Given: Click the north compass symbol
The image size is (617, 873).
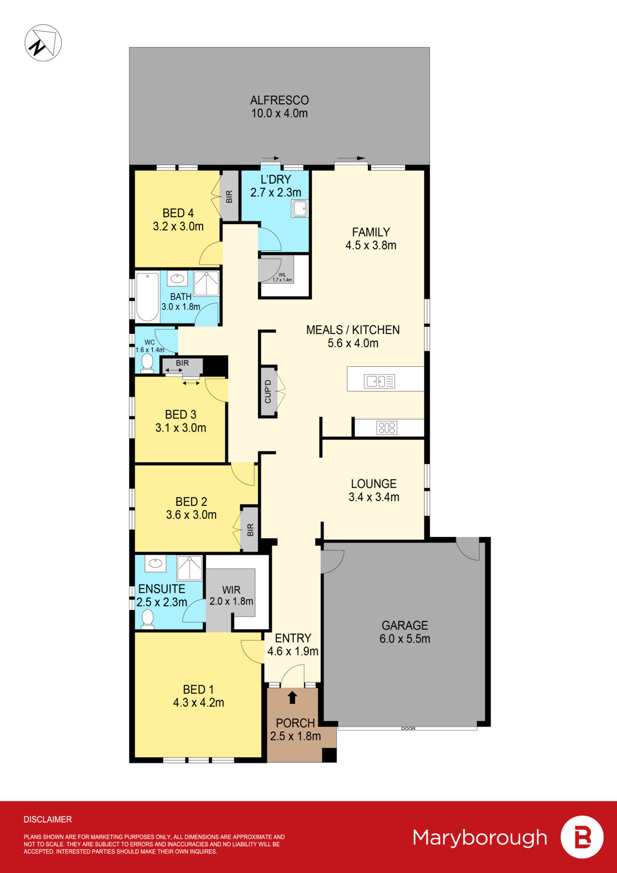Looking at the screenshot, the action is pyautogui.click(x=43, y=43).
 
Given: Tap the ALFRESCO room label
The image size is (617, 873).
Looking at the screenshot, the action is pyautogui.click(x=279, y=100).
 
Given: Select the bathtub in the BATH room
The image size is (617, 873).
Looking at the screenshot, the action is pyautogui.click(x=147, y=297).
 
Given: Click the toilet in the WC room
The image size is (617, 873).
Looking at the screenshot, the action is pyautogui.click(x=147, y=363).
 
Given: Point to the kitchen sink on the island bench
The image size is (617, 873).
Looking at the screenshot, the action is pyautogui.click(x=380, y=381).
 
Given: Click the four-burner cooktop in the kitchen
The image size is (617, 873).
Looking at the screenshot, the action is pyautogui.click(x=387, y=428).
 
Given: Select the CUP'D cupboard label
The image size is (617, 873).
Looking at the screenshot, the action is pyautogui.click(x=268, y=391).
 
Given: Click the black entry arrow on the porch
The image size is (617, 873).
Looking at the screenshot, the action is pyautogui.click(x=292, y=697).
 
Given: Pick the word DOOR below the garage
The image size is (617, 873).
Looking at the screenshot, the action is pyautogui.click(x=408, y=728).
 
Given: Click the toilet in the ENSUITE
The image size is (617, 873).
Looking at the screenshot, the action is pyautogui.click(x=147, y=619).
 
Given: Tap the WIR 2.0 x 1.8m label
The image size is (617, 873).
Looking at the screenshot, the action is pyautogui.click(x=231, y=596).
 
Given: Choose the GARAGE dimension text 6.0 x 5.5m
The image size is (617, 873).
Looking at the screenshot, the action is pyautogui.click(x=405, y=639).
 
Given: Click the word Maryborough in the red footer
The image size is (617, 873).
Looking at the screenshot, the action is pyautogui.click(x=480, y=838).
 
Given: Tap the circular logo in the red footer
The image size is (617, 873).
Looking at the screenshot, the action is pyautogui.click(x=582, y=837).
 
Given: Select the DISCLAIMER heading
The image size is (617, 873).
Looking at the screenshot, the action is pyautogui.click(x=47, y=819).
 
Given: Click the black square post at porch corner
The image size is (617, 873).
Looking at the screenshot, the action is pyautogui.click(x=329, y=755).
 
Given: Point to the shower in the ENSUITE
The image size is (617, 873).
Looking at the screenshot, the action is pyautogui.click(x=190, y=568).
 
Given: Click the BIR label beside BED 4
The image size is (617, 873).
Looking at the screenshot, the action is pyautogui.click(x=229, y=196).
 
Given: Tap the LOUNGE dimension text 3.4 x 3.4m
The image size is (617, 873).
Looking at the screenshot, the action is pyautogui.click(x=374, y=497).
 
